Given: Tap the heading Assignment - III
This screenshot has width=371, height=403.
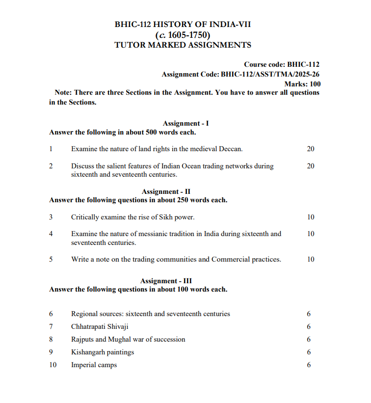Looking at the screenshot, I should click(166, 281).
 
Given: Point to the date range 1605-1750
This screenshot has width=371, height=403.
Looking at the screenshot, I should click(188, 35).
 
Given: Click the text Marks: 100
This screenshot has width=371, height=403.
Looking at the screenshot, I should click(302, 84).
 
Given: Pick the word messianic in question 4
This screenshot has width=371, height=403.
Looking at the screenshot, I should click(139, 234).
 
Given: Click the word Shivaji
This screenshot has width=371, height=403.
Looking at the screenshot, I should click(116, 326).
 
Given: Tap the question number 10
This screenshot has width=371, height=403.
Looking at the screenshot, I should click(53, 365).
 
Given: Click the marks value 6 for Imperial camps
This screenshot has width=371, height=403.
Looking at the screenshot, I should click(309, 365).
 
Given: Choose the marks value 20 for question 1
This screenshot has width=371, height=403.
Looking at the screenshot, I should click(311, 149).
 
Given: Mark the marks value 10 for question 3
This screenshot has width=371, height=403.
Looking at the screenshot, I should click(311, 217).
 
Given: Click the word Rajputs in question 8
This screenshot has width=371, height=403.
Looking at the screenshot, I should click(82, 339).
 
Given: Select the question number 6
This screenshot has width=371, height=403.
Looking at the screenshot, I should click(51, 314).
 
